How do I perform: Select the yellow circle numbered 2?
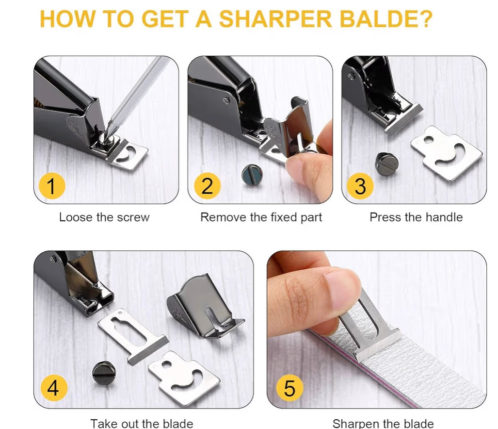click(207, 186)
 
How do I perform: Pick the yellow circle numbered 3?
click(360, 186)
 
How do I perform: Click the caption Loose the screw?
click(104, 217)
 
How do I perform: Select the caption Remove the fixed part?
click(261, 217)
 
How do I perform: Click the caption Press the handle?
click(416, 217)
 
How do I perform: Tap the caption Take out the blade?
click(142, 423)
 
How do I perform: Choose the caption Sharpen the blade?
click(383, 423)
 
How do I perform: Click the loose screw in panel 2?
click(251, 174)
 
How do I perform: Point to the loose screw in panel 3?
click(386, 164)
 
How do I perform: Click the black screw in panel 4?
click(103, 373)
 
